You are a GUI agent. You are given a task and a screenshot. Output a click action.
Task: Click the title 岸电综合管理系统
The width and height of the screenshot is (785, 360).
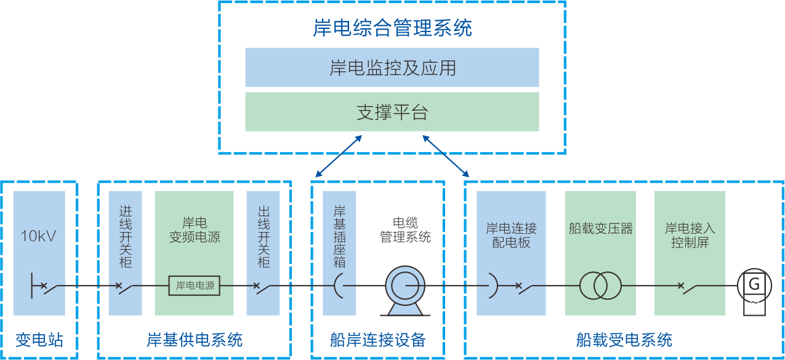click(x=392, y=28)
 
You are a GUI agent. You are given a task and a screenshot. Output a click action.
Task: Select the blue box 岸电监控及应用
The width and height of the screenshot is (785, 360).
click(x=392, y=68)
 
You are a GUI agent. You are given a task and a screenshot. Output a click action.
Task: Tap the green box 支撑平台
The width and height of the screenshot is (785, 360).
click(x=392, y=112)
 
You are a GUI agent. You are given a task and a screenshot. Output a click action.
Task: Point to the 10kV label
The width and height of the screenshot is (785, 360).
click(x=39, y=236)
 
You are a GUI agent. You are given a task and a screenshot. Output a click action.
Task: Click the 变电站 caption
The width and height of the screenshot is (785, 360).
click(x=39, y=340)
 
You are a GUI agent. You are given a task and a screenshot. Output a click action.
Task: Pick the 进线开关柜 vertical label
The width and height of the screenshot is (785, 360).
click(x=125, y=237)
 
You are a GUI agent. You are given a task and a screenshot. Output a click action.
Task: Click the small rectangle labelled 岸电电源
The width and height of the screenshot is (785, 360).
click(x=195, y=286)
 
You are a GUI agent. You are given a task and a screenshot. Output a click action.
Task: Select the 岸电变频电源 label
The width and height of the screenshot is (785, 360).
click(x=195, y=230)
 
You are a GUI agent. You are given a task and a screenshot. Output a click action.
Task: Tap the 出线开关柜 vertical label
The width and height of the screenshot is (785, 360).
click(x=264, y=237)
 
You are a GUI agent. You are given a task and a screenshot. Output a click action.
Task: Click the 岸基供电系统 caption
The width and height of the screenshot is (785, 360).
click(x=195, y=340)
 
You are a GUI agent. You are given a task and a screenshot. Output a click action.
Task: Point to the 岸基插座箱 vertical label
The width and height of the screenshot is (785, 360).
click(x=339, y=237)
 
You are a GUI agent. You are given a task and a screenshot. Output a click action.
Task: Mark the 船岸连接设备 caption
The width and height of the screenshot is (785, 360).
click(x=377, y=340)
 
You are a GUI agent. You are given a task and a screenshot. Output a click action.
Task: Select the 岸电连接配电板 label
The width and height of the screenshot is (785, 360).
click(x=511, y=235)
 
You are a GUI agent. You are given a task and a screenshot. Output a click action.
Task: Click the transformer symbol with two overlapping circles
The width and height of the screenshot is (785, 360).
click(x=600, y=286)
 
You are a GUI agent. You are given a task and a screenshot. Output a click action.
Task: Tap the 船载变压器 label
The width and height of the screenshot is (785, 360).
click(x=600, y=229)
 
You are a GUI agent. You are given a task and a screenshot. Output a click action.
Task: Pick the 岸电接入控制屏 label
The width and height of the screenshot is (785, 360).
click(x=690, y=235)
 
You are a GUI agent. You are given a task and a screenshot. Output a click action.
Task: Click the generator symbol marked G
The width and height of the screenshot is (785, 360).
click(x=754, y=287)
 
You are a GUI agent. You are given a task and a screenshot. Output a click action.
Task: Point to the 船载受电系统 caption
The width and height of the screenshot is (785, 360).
click(x=624, y=340)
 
